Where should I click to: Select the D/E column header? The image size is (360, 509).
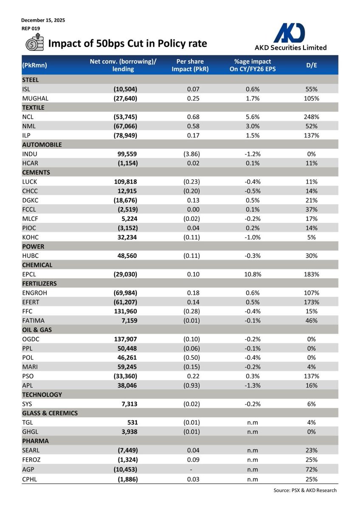(x=312, y=65)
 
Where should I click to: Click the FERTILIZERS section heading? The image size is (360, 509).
(x=39, y=283)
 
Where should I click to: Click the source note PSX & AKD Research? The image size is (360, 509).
(x=305, y=490)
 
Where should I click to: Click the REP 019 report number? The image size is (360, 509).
(x=31, y=28)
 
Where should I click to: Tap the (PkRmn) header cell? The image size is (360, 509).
(x=34, y=65)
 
